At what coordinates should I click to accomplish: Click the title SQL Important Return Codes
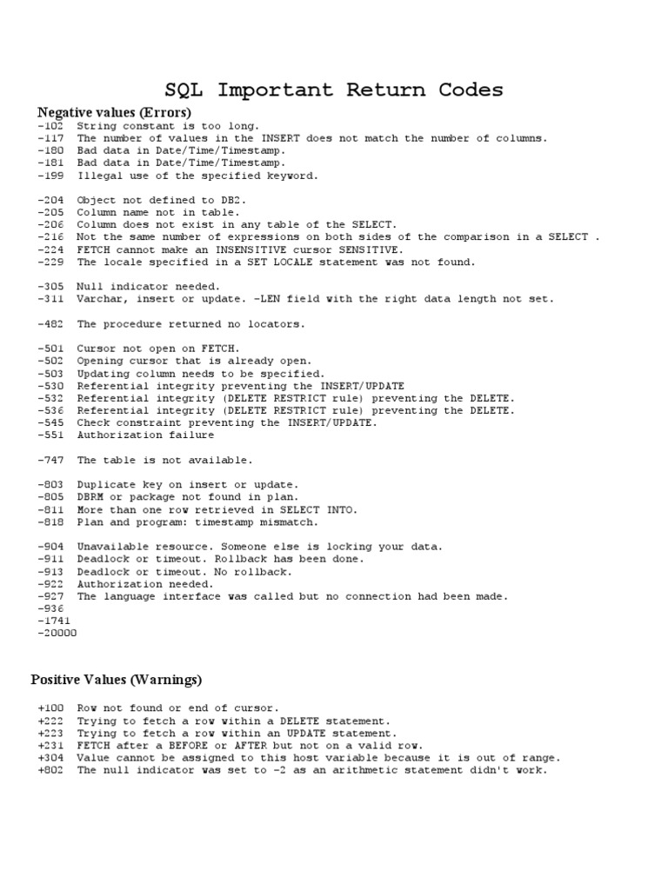click(x=334, y=90)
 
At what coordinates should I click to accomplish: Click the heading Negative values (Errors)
click(x=114, y=113)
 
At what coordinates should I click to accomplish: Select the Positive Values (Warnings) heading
click(x=117, y=679)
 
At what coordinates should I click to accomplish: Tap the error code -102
click(x=52, y=126)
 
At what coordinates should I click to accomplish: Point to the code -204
click(x=52, y=200)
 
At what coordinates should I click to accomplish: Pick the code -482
click(x=52, y=324)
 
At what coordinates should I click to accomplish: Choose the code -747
click(x=52, y=460)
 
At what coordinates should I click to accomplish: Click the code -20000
click(x=57, y=634)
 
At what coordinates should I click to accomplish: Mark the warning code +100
click(x=52, y=708)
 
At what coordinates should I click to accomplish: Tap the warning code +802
click(x=52, y=770)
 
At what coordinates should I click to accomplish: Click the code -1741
click(x=55, y=621)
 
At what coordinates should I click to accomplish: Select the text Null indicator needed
click(x=149, y=287)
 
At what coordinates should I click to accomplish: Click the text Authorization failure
click(x=145, y=435)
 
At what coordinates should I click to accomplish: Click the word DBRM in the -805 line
click(x=90, y=497)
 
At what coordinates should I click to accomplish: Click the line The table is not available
click(x=164, y=460)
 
